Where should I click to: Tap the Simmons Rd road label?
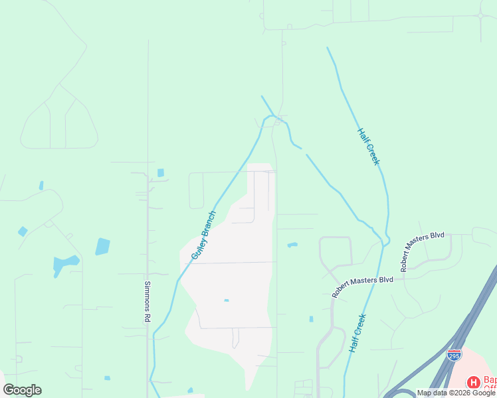[x=148, y=302]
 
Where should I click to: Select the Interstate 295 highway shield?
[x=454, y=355]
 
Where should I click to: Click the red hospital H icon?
[x=474, y=382]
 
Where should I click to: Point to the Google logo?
[x=23, y=389]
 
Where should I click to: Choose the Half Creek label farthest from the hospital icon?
[x=368, y=147]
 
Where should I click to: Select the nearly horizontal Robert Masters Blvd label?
[x=362, y=286]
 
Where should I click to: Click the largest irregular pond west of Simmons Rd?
[x=65, y=265]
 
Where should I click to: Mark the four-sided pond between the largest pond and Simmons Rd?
[x=102, y=246]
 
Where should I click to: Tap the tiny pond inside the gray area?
[x=227, y=300]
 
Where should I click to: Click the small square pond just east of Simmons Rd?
[x=161, y=172]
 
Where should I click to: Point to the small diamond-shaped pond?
[x=23, y=232]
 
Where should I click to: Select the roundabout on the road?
[x=480, y=15]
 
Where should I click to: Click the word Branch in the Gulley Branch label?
[x=209, y=226]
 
